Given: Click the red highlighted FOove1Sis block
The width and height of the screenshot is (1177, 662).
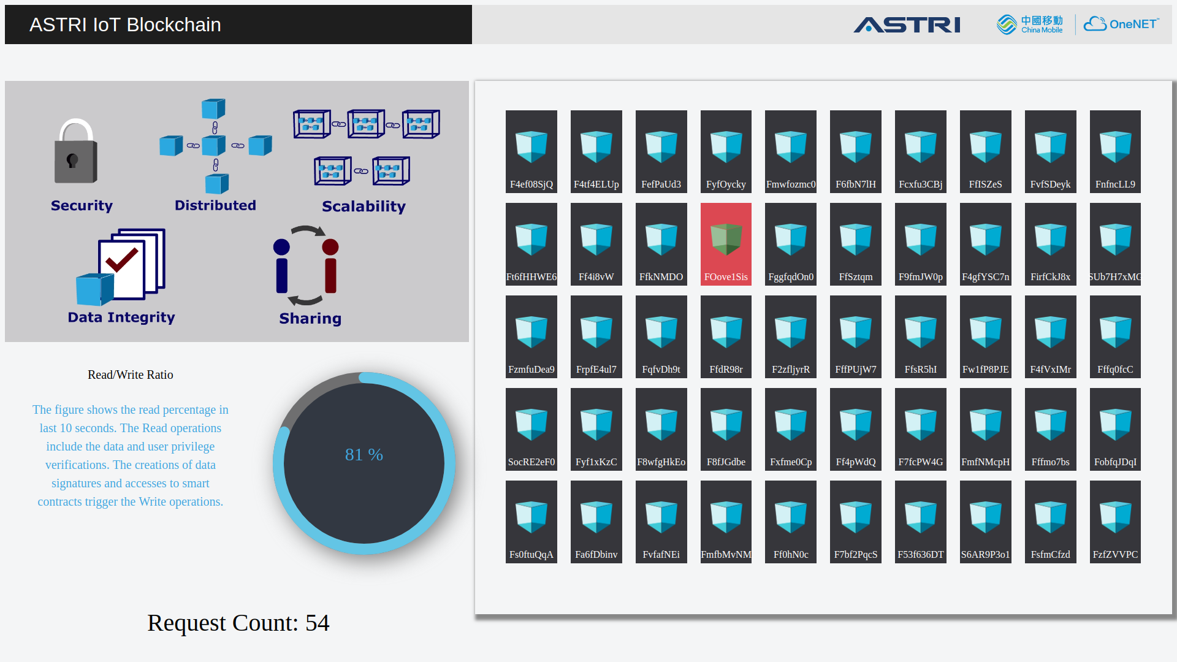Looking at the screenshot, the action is coord(726,244).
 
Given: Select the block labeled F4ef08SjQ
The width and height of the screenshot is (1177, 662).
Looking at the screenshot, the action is coord(531,151).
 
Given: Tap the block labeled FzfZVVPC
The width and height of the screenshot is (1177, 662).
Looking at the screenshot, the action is coord(1115,522).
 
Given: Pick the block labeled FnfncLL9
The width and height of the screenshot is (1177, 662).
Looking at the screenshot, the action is coord(1115,151).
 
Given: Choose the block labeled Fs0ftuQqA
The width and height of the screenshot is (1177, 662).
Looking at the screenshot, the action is coord(531,522).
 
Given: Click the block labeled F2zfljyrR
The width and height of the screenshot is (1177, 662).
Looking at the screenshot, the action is coord(791,337).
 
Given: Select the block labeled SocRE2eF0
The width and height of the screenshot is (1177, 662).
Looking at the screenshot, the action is coord(531,429).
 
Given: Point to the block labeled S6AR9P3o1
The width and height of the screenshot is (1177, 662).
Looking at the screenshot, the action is coord(985,522).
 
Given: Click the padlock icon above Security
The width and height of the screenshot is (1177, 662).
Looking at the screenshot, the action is coord(76,151).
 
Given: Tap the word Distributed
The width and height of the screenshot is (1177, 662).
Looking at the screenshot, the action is coord(215,205).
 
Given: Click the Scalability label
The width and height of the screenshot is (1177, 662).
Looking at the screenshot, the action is coord(364,207).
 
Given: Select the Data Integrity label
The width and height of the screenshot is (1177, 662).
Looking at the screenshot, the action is coord(121,318).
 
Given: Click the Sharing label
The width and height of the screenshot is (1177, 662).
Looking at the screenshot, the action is coord(310,319).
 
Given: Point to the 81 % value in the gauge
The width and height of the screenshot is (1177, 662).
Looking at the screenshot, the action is coord(364,455).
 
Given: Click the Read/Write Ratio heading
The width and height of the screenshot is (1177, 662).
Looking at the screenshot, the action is coord(131,375).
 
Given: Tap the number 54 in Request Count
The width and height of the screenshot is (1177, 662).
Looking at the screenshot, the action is coord(318,623).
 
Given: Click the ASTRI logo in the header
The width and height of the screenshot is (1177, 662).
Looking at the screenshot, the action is coord(907,25).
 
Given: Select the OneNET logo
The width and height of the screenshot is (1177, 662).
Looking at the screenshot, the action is coord(1121,24).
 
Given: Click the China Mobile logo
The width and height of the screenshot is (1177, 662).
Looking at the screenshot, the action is coord(1030,25).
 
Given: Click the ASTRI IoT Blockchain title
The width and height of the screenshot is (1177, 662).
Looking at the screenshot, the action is coord(125,25).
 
